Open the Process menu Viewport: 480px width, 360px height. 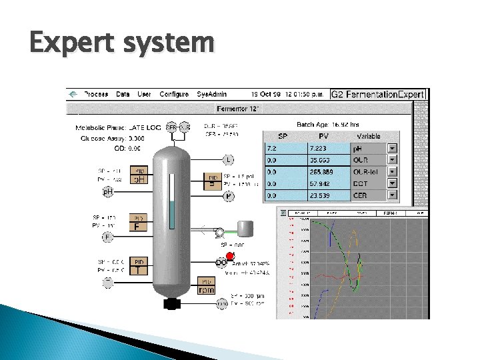(97, 95)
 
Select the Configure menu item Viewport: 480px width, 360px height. (174, 95)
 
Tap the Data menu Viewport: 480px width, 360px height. (123, 95)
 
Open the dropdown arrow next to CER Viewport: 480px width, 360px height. (393, 196)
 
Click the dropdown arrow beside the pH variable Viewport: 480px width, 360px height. (393, 148)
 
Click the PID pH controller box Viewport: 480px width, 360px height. (139, 175)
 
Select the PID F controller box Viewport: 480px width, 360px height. (139, 222)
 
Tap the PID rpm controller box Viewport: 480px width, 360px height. (207, 287)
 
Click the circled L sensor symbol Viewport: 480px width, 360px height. (228, 160)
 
